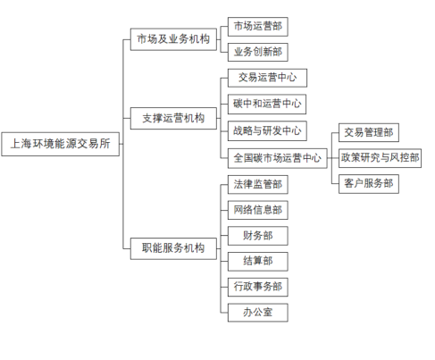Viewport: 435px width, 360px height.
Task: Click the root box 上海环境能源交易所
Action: [61, 144]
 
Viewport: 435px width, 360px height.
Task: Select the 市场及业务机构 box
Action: [173, 39]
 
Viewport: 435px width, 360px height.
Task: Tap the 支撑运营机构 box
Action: [173, 119]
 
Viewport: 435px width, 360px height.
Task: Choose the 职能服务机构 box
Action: [173, 248]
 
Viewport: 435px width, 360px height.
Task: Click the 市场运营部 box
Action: [258, 27]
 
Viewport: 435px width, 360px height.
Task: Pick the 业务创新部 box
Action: [258, 52]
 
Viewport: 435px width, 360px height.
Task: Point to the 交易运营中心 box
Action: [267, 78]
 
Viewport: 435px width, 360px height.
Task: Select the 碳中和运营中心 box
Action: [267, 105]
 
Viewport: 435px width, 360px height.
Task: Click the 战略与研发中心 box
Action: [267, 130]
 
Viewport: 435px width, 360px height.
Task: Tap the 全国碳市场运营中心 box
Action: [278, 158]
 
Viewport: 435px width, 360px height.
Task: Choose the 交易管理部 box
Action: [369, 133]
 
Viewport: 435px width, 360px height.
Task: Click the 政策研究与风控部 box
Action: [380, 158]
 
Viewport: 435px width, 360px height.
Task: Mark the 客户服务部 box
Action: [369, 184]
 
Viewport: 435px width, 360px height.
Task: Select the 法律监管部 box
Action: [258, 185]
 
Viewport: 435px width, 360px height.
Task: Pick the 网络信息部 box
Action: [258, 210]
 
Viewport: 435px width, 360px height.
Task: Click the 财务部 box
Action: [258, 236]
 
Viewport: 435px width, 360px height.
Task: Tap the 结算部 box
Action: [258, 262]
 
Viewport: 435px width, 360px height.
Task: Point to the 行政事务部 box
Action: [258, 287]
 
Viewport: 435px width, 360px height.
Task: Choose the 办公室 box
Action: [258, 313]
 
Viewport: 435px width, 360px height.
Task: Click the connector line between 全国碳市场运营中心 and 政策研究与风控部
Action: [333, 158]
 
